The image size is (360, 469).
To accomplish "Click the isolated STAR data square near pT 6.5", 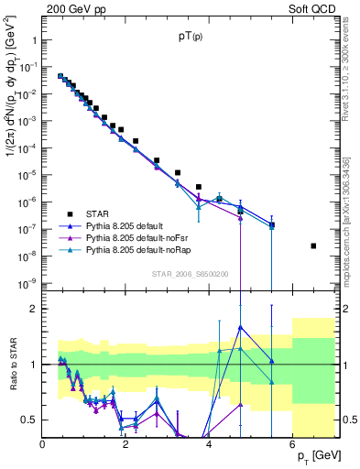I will (313, 245).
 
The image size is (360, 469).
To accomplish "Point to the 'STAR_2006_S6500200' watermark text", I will (189, 274).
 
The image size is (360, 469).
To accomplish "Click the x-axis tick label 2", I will (125, 445).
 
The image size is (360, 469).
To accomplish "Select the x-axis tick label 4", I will (209, 445).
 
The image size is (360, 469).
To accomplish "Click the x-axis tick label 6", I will (291, 445).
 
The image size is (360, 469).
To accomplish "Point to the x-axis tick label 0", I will (43, 445).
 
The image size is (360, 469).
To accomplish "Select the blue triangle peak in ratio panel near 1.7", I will (240, 327).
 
